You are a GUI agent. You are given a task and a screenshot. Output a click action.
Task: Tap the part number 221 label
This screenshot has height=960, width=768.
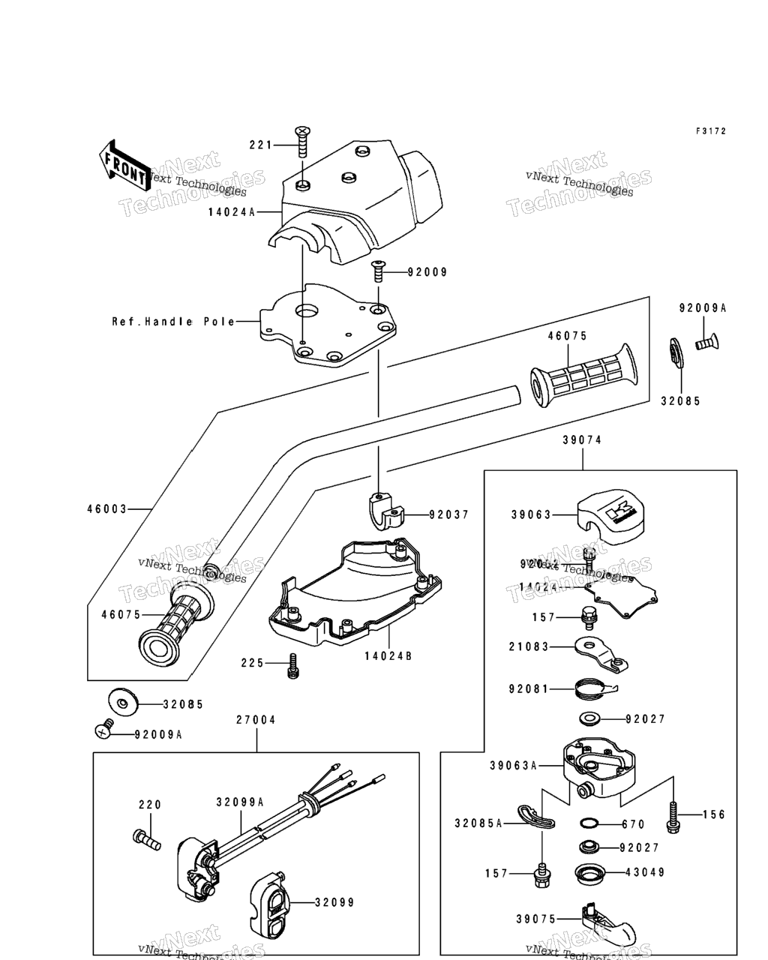click(x=260, y=144)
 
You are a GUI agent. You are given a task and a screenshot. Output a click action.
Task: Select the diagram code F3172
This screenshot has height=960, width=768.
click(x=710, y=131)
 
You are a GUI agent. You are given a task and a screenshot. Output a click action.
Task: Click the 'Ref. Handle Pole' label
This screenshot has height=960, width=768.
click(x=173, y=322)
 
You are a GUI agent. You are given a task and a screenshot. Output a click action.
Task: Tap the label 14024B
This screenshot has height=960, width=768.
click(x=388, y=656)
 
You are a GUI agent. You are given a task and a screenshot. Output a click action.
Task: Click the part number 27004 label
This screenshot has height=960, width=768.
click(x=256, y=720)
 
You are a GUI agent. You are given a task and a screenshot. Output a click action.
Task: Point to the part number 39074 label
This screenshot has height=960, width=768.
click(x=582, y=440)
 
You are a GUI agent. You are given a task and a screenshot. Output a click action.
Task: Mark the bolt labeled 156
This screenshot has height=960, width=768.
click(x=673, y=816)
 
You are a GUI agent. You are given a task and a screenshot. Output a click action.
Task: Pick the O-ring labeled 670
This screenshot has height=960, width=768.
click(x=589, y=823)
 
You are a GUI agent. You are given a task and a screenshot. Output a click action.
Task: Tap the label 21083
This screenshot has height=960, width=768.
click(x=529, y=646)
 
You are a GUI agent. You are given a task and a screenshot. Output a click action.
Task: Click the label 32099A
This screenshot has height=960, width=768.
click(x=240, y=802)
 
